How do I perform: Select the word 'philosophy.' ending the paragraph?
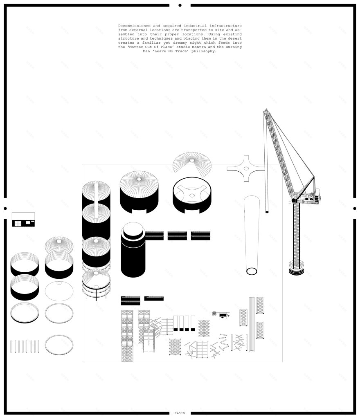pos(204,51)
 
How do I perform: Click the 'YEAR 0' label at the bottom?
pos(180,413)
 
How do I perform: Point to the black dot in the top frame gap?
pos(180,5)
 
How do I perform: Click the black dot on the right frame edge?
pos(355,208)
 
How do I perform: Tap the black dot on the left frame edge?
pos(5,208)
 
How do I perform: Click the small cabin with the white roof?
pos(23,220)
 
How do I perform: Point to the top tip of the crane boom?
pos(266,109)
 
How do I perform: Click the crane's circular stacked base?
pos(296,268)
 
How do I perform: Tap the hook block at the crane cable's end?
pos(267,212)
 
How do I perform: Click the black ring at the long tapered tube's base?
pos(252,271)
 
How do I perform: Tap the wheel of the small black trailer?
pos(223,317)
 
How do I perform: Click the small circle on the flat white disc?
pos(59,283)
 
